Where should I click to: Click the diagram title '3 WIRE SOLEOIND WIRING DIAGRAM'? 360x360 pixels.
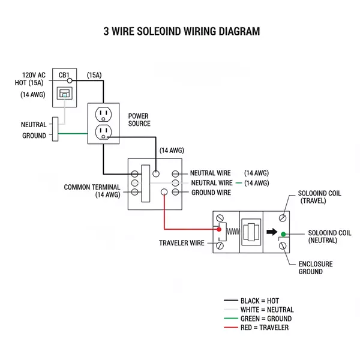pyautogui.click(x=182, y=31)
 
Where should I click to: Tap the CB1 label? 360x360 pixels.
pyautogui.click(x=64, y=75)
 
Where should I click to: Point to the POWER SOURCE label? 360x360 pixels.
pyautogui.click(x=139, y=119)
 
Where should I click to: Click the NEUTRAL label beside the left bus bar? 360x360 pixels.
pyautogui.click(x=34, y=125)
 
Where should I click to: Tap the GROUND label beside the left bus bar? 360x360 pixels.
pyautogui.click(x=34, y=136)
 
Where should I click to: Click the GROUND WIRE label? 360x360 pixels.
pyautogui.click(x=211, y=193)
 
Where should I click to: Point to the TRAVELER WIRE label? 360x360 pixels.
pyautogui.click(x=181, y=243)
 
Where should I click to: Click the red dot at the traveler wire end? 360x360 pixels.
pyautogui.click(x=219, y=229)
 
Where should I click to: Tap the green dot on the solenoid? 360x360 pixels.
pyautogui.click(x=283, y=233)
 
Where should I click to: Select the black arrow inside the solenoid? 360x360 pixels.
pyautogui.click(x=272, y=232)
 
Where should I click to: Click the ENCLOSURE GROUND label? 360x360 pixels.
pyautogui.click(x=316, y=268)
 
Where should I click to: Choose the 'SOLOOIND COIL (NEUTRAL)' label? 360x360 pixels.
pyautogui.click(x=329, y=236)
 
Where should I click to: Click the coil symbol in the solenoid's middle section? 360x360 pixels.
pyautogui.click(x=248, y=230)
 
